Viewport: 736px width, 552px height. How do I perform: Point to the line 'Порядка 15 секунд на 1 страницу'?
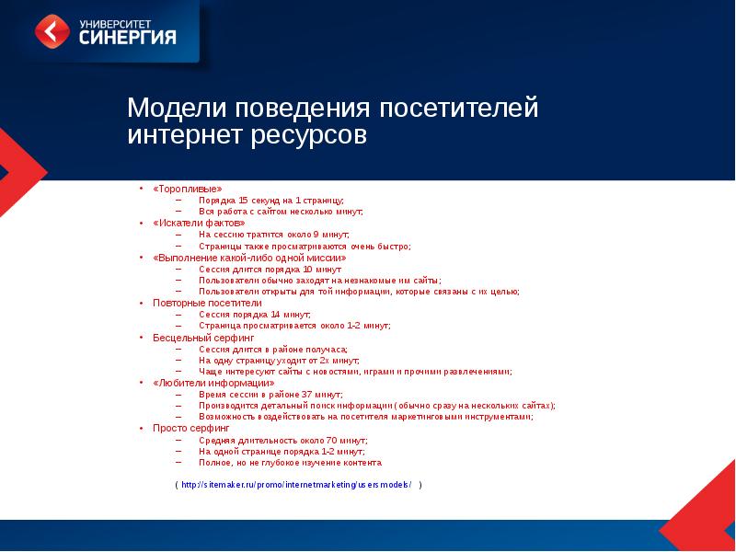tap(270, 200)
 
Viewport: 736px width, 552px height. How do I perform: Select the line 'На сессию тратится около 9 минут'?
tap(273, 234)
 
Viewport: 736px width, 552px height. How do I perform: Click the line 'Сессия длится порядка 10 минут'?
tap(268, 269)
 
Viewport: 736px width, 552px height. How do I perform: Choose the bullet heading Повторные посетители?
tap(207, 303)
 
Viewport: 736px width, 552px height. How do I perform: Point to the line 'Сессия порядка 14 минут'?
tap(255, 314)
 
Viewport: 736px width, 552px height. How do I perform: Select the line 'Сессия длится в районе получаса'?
tap(272, 349)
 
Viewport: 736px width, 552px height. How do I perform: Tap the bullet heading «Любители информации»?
tap(213, 382)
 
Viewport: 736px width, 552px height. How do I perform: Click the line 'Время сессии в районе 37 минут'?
tap(270, 394)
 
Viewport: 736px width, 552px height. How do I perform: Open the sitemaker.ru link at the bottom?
tap(296, 485)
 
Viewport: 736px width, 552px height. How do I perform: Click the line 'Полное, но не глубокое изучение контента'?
tap(289, 462)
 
